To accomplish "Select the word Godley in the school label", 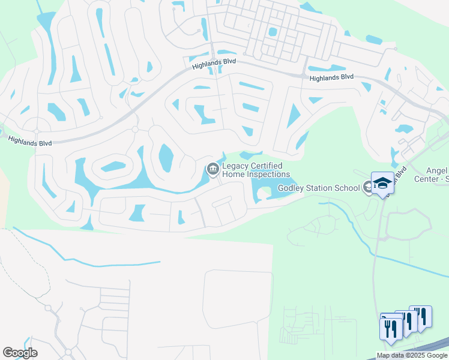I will click(292, 188).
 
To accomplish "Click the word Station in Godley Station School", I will click(321, 188).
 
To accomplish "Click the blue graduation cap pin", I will click(382, 182).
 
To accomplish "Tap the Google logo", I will click(20, 353).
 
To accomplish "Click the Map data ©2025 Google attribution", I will click(411, 355).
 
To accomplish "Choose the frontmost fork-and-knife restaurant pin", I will click(390, 328).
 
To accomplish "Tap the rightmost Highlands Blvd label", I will click(331, 77).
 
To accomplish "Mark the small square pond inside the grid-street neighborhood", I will click(273, 31).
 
